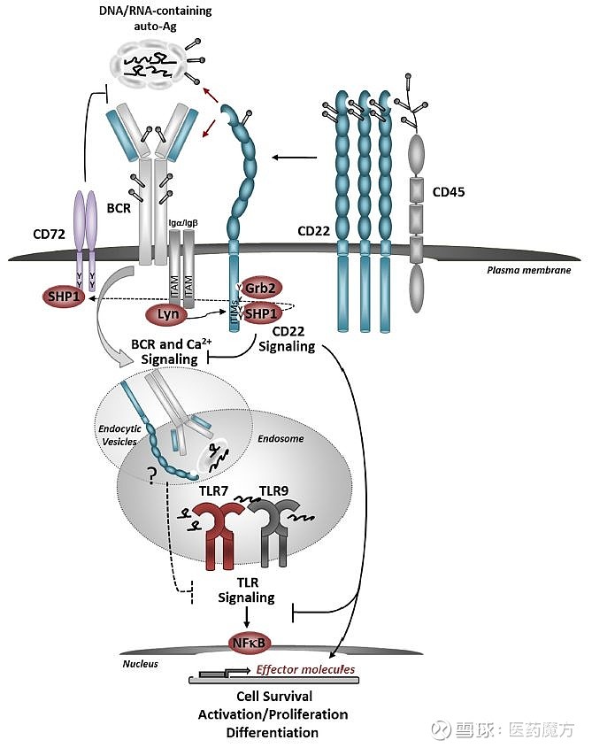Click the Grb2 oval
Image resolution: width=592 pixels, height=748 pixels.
coord(262,286)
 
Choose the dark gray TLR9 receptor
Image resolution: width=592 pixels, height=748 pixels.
coord(271,536)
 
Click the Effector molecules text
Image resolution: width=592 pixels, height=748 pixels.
coord(305,670)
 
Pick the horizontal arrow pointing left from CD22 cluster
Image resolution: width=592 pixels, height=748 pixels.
coord(294,158)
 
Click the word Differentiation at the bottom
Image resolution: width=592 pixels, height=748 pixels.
coord(273,733)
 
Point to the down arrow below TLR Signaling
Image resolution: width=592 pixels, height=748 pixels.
coord(249,618)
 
